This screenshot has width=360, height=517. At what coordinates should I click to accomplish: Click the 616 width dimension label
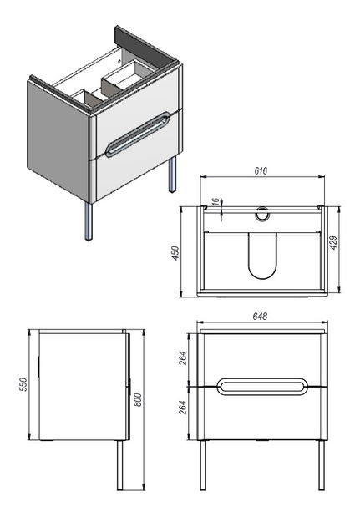click(261, 170)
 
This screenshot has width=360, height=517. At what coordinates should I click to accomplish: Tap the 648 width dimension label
click(260, 317)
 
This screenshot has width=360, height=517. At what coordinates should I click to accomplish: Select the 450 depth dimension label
click(175, 253)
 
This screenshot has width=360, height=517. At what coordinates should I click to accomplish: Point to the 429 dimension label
click(333, 243)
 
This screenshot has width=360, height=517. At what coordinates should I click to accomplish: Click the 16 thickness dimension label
click(215, 201)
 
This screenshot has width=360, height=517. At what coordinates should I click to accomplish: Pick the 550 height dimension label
click(23, 384)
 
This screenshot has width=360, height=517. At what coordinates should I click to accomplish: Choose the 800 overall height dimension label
click(138, 399)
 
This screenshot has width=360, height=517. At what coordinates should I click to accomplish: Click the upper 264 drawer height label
click(182, 358)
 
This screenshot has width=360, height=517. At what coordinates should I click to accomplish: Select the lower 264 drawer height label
click(182, 408)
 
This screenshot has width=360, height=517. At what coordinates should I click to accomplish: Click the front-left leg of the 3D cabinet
click(89, 221)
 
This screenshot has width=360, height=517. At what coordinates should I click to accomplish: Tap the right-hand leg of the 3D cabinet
click(172, 175)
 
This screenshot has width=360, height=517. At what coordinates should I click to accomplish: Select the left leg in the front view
click(203, 465)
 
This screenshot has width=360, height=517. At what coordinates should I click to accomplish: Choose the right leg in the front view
click(322, 465)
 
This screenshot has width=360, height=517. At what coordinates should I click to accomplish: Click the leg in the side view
click(120, 465)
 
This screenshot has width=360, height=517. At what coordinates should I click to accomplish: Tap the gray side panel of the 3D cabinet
click(58, 140)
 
